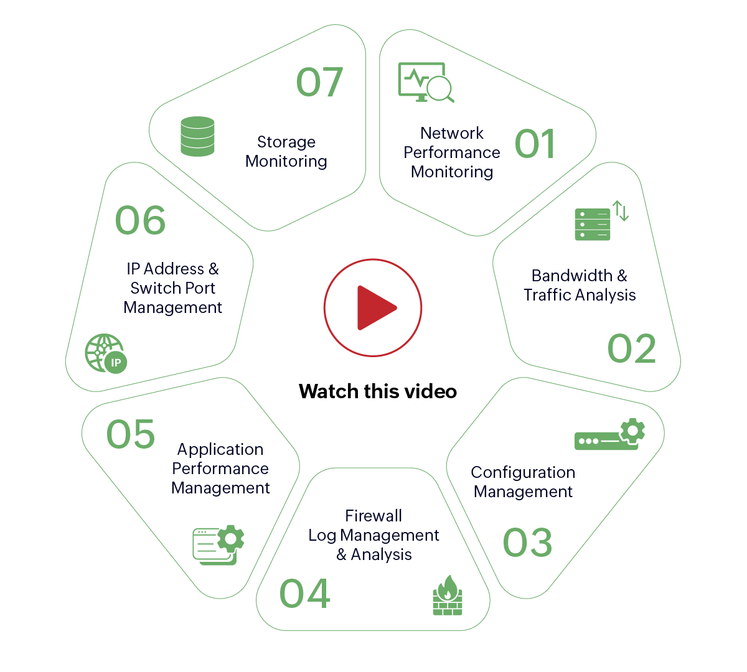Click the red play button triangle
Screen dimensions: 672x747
[x=375, y=307]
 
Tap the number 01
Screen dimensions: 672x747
[x=535, y=144]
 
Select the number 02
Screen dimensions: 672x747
[x=632, y=348]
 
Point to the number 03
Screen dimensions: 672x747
[x=527, y=543]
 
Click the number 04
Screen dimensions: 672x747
[x=304, y=594]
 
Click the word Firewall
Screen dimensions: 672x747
[x=374, y=516]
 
